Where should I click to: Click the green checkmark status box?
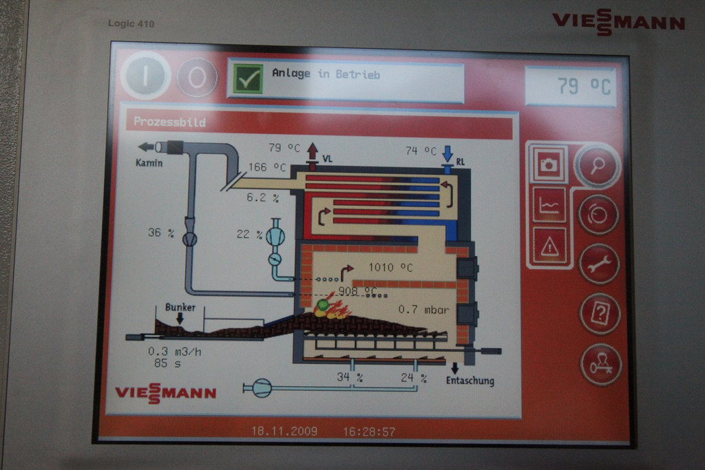coord(248,79)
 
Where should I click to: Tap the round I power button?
coord(145,76)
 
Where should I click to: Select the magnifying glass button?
coord(597,166)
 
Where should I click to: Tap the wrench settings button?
coord(599,264)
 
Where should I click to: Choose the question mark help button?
coord(600,314)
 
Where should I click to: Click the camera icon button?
coord(549,164)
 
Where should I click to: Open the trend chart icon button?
coord(549,205)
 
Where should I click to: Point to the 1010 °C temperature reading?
coord(390,268)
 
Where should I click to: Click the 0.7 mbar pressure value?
coord(423,310)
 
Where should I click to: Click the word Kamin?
coord(149,163)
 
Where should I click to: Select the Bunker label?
coord(180,307)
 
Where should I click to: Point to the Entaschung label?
coord(470,381)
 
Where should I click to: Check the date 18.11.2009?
coord(284,431)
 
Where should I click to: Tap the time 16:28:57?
coord(369,431)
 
